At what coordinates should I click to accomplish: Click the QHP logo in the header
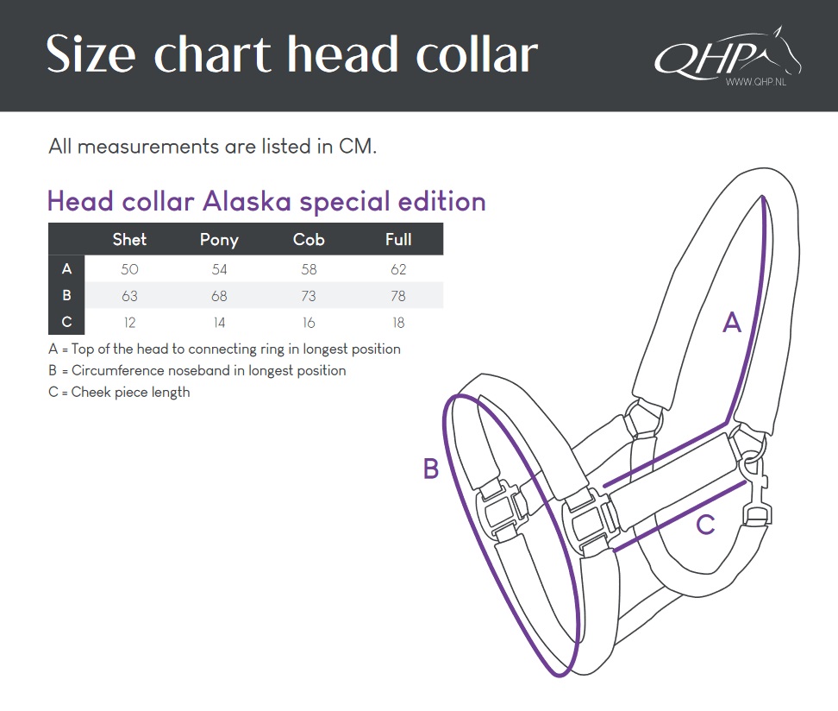tap(728, 55)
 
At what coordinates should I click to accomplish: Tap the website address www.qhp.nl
tap(756, 82)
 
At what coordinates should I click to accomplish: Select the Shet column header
tap(129, 239)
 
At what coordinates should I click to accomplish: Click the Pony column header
tap(219, 240)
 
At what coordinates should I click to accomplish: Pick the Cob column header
tap(309, 239)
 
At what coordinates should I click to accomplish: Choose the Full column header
tap(398, 239)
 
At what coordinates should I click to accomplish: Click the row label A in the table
tap(66, 268)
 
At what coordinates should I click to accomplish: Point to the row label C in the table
tap(66, 322)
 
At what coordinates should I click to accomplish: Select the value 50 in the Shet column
tap(129, 269)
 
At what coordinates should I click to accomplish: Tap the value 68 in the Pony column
tap(219, 296)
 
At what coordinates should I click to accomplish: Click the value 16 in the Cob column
tap(309, 323)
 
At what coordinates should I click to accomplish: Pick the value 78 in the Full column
tap(398, 296)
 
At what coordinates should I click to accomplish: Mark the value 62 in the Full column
tap(398, 269)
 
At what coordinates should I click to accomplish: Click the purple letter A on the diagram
tap(732, 323)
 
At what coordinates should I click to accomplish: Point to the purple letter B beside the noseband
tap(431, 469)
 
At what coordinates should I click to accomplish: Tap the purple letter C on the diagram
tap(705, 525)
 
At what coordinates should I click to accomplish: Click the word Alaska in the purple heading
tap(247, 202)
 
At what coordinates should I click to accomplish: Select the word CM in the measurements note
tap(358, 146)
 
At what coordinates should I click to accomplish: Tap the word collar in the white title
tap(477, 54)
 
